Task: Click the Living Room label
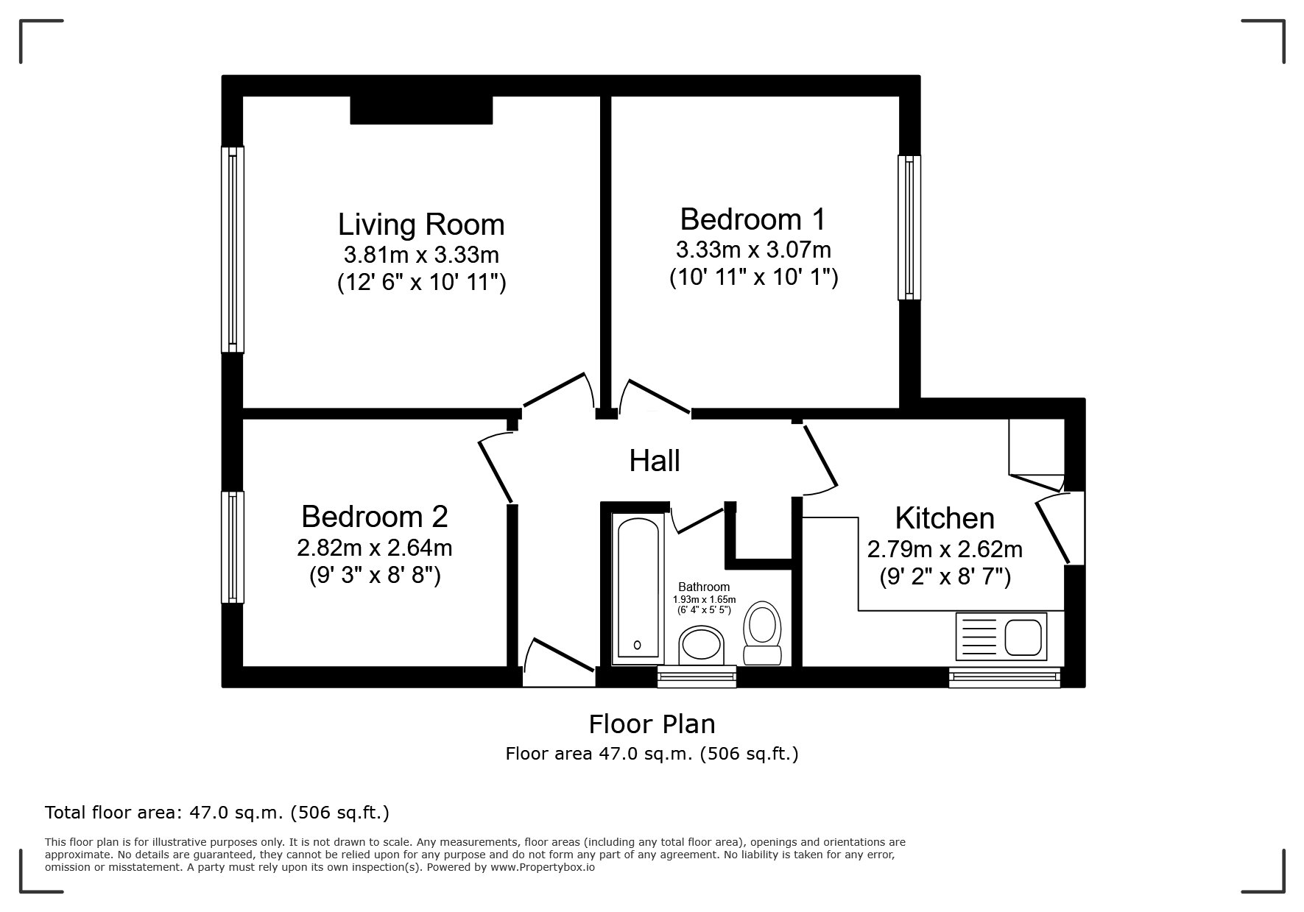(421, 224)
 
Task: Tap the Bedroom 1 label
(753, 219)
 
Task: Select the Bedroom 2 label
(375, 516)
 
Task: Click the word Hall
(655, 461)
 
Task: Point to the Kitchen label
(945, 518)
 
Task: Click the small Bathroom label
(704, 587)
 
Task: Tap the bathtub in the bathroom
(637, 589)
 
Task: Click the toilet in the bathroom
(762, 633)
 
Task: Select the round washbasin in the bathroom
(702, 645)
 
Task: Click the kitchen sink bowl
(1023, 637)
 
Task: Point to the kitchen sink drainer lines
(979, 637)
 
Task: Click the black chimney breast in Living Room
(420, 110)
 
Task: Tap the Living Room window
(233, 249)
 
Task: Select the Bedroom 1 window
(909, 227)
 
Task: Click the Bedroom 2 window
(233, 547)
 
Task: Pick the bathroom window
(697, 676)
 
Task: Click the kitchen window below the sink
(1004, 676)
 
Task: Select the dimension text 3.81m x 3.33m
(421, 255)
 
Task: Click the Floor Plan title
(652, 724)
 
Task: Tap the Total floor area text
(217, 813)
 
